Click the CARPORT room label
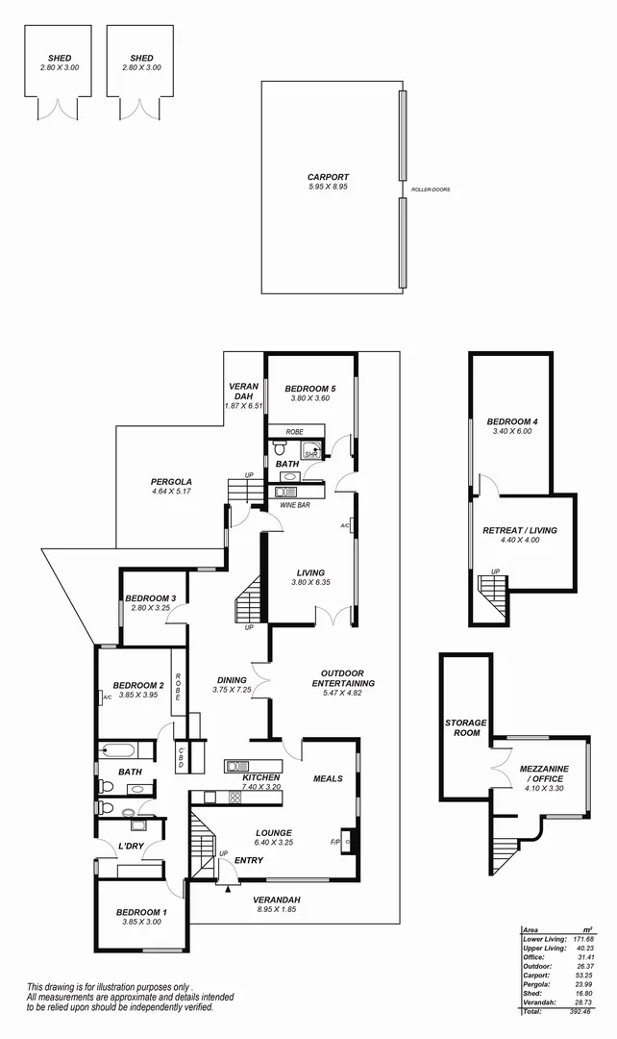coord(328,177)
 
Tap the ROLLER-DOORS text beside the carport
coord(431,190)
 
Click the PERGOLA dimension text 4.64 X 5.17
coord(172,492)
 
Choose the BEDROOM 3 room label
coord(150,598)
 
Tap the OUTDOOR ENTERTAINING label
coord(343,678)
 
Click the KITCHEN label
coord(260,777)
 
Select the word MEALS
coord(328,778)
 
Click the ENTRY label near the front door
coord(249,860)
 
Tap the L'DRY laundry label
coord(131,847)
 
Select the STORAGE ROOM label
coord(465,727)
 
